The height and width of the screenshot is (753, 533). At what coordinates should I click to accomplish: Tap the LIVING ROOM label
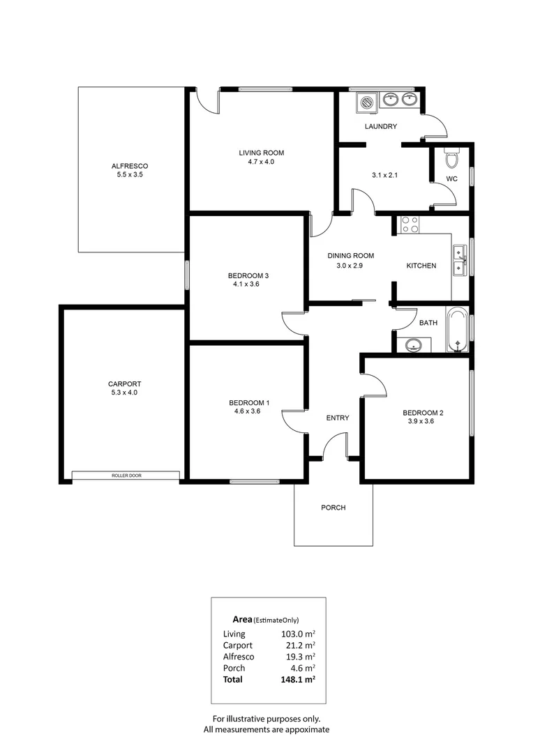pos(262,153)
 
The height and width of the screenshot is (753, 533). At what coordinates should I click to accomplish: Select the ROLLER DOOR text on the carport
pos(126,476)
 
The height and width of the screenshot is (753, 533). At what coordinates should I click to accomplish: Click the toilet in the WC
pos(451,159)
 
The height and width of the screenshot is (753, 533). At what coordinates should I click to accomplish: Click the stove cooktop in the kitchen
pos(410,225)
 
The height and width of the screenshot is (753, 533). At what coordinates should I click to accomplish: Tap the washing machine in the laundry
pos(366,102)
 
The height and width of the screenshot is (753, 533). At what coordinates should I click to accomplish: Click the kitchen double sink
pos(459,260)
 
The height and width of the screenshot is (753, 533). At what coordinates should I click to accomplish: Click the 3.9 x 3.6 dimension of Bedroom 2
pos(423,421)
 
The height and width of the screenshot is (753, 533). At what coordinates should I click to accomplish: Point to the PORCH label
pos(333,508)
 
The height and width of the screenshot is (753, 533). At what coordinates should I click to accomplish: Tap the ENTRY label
pos(338,418)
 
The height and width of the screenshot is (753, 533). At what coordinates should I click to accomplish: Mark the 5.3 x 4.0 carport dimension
pos(124,393)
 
